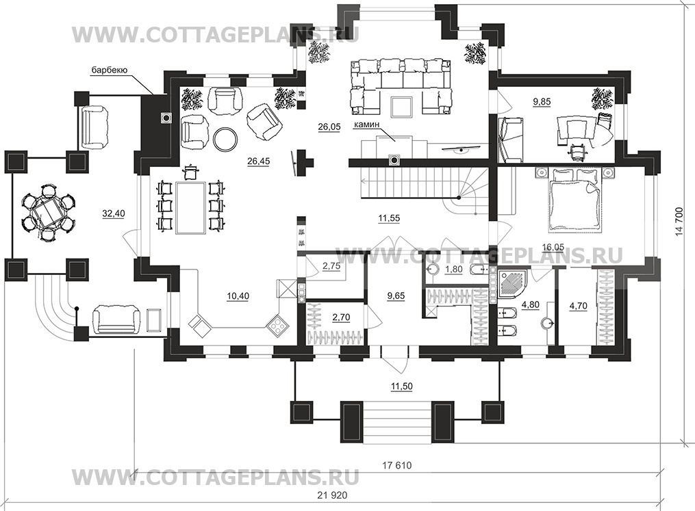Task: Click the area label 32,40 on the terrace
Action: (x=114, y=213)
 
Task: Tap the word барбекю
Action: (x=110, y=70)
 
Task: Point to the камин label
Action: (x=366, y=125)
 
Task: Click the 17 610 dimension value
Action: (x=396, y=465)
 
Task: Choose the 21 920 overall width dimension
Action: (x=332, y=495)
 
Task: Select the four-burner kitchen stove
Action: (x=278, y=326)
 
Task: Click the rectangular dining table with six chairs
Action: (x=191, y=207)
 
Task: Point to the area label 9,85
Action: (x=542, y=102)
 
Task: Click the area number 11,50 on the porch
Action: (x=401, y=386)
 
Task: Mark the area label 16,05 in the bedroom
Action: (x=554, y=247)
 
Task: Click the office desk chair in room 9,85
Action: (x=577, y=151)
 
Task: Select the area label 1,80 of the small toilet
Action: (x=453, y=269)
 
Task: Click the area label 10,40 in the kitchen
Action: (x=238, y=296)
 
